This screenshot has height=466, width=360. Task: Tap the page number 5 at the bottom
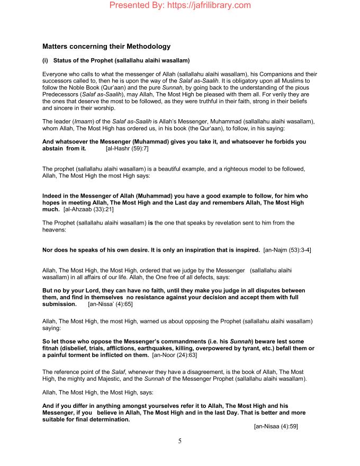[180, 441]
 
